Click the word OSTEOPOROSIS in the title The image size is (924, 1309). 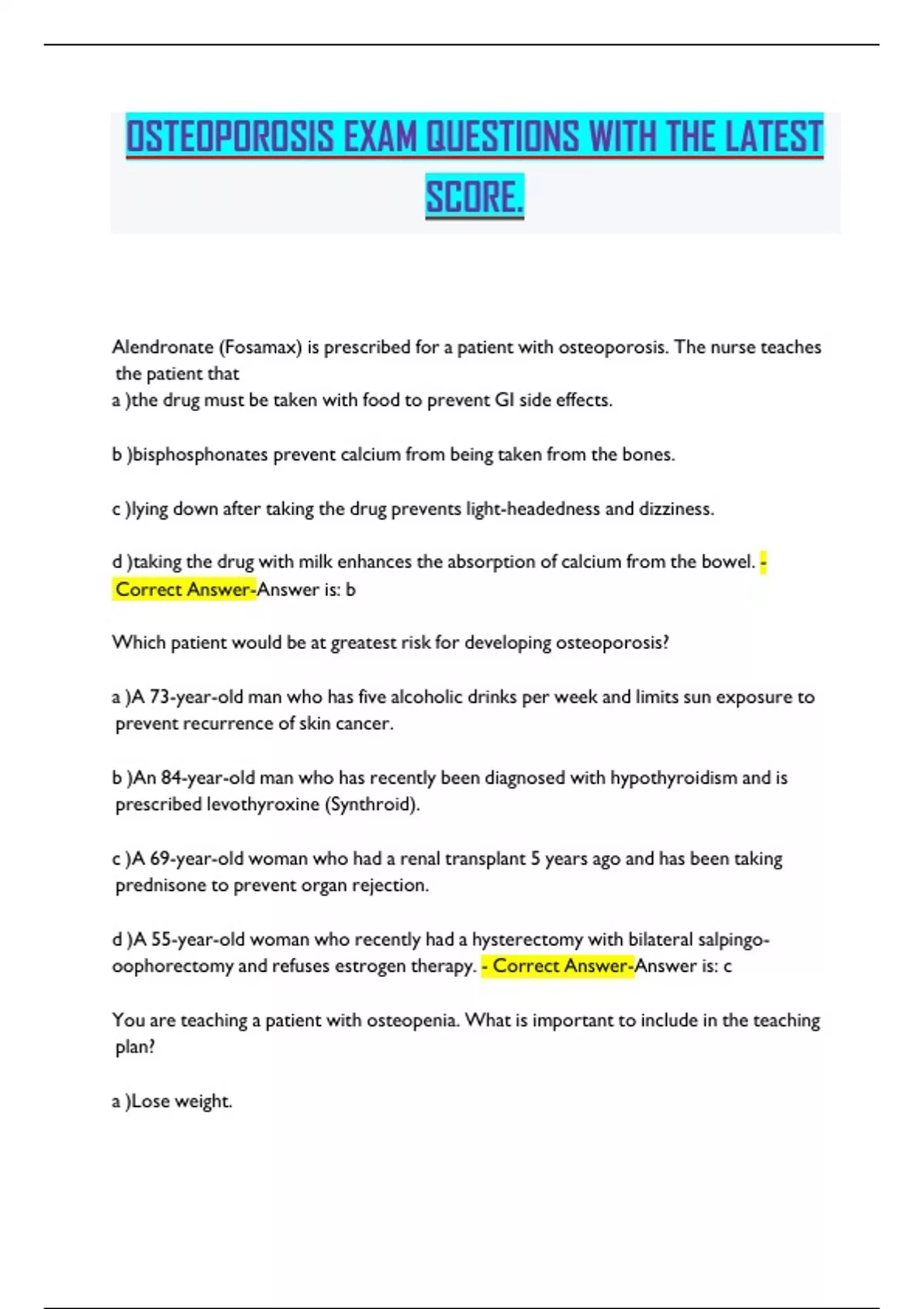(230, 137)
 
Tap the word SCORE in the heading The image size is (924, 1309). (474, 197)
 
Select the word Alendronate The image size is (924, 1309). (162, 347)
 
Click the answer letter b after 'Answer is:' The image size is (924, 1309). (351, 590)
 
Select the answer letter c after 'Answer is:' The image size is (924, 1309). (728, 966)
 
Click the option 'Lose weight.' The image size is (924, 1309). (182, 1101)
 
